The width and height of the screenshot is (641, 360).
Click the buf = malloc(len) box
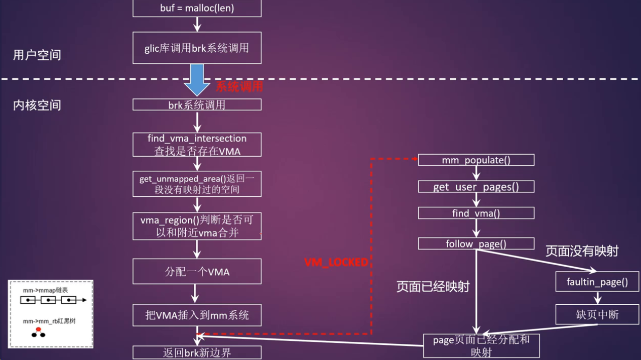197,9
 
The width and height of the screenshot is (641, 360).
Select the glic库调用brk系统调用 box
197,48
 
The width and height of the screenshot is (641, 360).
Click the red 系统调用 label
239,86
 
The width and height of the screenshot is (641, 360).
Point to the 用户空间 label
37,55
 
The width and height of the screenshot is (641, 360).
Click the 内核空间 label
37,105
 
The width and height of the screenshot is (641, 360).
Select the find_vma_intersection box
197,144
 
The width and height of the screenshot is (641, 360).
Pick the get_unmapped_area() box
197,184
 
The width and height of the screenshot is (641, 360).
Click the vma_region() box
197,226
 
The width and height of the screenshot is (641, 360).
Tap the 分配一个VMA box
197,272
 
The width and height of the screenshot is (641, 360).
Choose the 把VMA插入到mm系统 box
197,315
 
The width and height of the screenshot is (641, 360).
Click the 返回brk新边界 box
197,352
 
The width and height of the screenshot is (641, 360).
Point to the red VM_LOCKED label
336,262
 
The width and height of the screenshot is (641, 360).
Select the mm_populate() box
476,160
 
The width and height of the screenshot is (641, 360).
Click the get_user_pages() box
476,187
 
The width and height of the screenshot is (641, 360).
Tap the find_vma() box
476,213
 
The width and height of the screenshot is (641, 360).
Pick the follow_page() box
476,244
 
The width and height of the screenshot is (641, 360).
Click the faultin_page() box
597,282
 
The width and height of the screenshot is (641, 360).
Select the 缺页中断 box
597,315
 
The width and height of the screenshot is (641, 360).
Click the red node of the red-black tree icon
38,329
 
